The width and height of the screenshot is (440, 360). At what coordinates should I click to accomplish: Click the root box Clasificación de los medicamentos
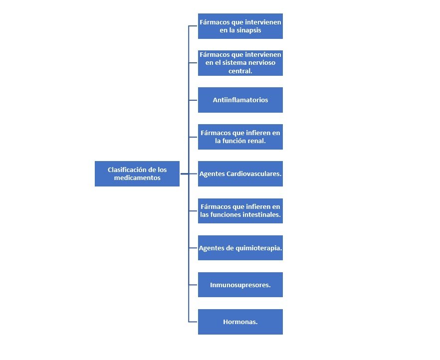(x=137, y=174)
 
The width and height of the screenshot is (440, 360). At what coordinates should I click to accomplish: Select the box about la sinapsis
(x=240, y=26)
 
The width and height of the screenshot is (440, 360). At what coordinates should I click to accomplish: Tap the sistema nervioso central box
(x=240, y=63)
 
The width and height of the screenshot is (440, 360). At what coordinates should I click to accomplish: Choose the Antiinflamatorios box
(x=240, y=100)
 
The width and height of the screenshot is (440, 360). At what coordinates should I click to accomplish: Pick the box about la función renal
(x=240, y=137)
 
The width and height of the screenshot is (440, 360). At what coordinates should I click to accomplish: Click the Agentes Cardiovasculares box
(x=240, y=174)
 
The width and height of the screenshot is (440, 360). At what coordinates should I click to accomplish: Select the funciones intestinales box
(x=240, y=211)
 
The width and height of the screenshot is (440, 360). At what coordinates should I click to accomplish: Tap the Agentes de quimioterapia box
(x=240, y=248)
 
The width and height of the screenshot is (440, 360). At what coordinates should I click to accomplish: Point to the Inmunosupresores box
(x=240, y=285)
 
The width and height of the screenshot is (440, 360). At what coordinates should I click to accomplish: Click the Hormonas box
(x=240, y=322)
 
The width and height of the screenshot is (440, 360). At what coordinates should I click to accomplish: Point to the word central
(x=240, y=71)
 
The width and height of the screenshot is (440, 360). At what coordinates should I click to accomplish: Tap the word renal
(x=256, y=141)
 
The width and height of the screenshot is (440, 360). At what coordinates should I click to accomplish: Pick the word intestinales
(x=263, y=215)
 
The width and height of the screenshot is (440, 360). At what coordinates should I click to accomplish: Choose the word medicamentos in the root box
(x=137, y=178)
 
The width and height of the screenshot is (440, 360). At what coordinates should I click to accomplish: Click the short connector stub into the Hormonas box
(x=194, y=322)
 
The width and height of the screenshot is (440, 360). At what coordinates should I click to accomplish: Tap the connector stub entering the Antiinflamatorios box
(x=194, y=100)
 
